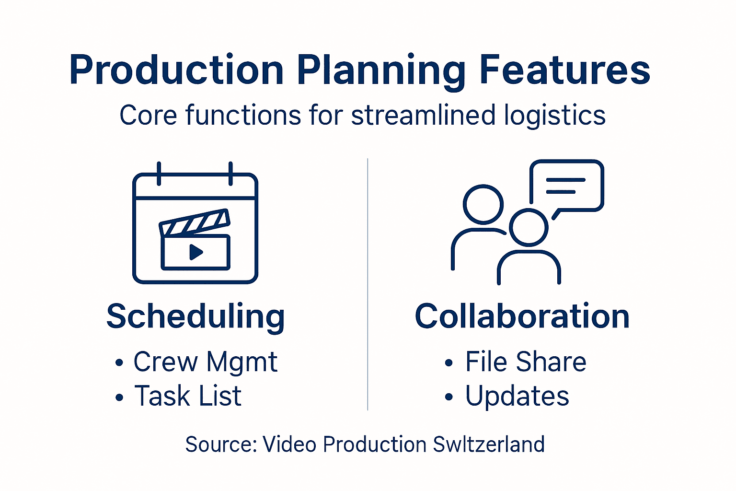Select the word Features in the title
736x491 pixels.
coord(565,70)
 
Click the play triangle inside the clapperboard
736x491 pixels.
coord(195,252)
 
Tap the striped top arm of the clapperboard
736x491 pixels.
coord(195,222)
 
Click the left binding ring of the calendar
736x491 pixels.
coord(159,174)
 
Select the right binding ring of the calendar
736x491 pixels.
coord(230,174)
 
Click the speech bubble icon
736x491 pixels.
coord(567,186)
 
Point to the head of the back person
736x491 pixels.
coord(483,204)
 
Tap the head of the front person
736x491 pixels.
coord(529,227)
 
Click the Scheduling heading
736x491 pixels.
coord(195,316)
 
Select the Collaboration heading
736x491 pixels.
coord(522,316)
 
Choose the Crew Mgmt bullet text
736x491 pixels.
coord(205,362)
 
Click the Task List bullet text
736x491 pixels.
coord(188,396)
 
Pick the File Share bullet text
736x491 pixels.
coord(526,362)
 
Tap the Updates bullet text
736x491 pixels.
coord(517,397)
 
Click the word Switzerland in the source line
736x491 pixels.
coord(489,444)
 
